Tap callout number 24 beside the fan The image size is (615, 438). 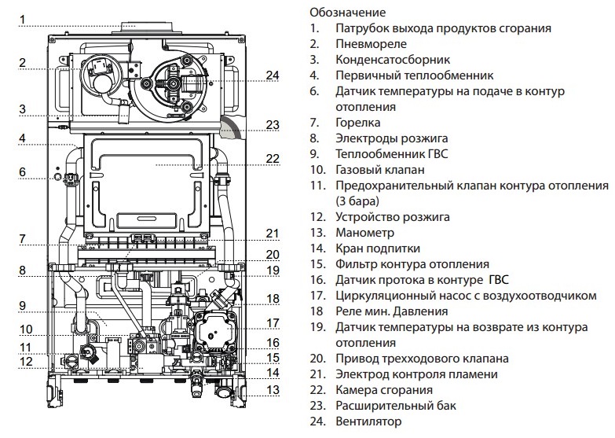pos(273,75)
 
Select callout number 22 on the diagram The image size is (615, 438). pos(273,159)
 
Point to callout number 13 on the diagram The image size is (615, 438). pos(273,389)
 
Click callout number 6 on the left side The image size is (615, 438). pos(23,172)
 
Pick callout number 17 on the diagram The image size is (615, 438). pos(273,322)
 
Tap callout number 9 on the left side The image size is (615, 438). pos(23,305)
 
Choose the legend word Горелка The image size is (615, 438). pos(357,123)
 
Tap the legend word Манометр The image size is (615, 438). pos(364,233)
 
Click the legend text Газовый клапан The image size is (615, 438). pos(380,170)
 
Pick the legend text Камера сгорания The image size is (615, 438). pos(384,390)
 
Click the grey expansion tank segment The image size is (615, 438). pos(232,125)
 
